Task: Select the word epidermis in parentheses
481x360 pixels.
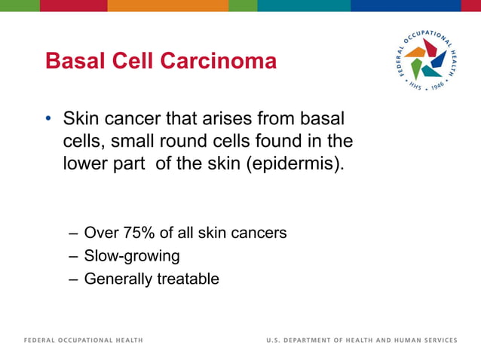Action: [295, 163]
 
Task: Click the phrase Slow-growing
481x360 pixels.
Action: [132, 256]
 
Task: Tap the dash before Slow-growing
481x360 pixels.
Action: [72, 256]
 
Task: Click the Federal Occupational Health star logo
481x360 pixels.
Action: [426, 63]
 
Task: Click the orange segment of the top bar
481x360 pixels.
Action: [167, 5]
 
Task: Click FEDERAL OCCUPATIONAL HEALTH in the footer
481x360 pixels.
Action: [83, 340]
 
